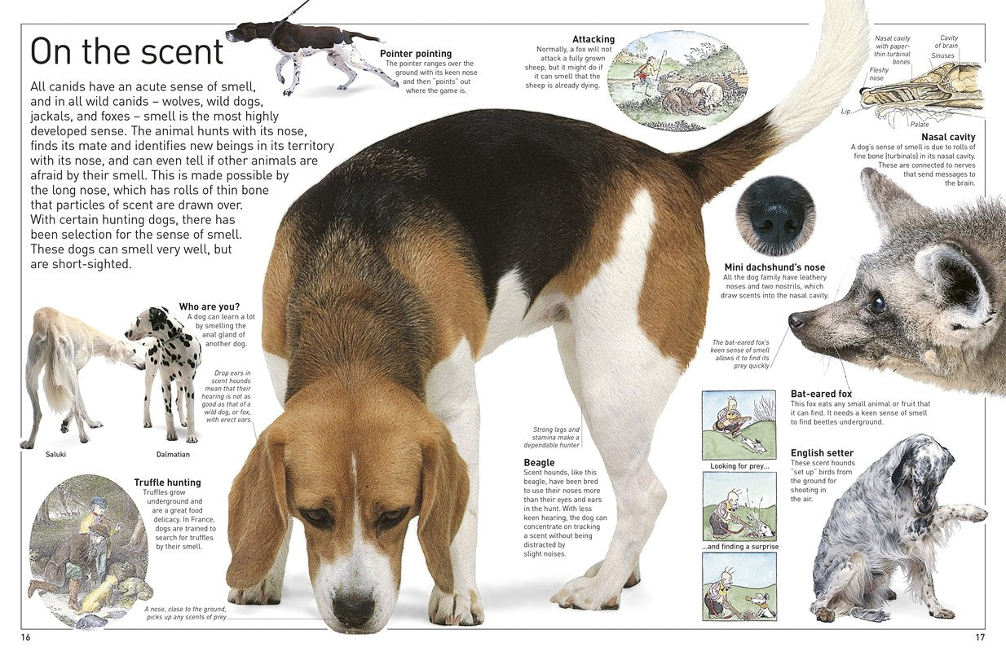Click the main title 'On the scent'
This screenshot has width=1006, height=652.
click(x=126, y=51)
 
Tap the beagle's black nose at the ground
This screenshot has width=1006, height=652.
click(x=353, y=608)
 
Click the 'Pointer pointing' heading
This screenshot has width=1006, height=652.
click(x=416, y=54)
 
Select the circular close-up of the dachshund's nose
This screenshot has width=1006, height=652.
click(x=775, y=216)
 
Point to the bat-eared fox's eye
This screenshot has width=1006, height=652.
click(x=876, y=303)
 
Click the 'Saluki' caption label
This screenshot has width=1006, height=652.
click(x=56, y=454)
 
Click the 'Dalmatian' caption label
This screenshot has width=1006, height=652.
click(x=173, y=454)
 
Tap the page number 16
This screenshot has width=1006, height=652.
click(x=26, y=637)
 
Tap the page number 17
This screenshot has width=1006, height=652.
click(x=980, y=637)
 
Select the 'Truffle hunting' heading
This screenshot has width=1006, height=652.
click(x=167, y=482)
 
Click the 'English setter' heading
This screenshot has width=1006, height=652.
click(x=822, y=453)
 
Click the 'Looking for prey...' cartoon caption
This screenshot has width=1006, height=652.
click(x=739, y=466)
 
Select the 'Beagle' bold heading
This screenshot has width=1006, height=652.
click(x=539, y=463)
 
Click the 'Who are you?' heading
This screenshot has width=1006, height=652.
click(x=210, y=307)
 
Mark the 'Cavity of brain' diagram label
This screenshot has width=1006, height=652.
click(x=948, y=42)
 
